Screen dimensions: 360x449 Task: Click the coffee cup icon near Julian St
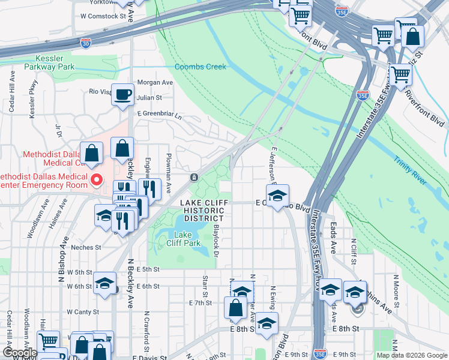point(122,95)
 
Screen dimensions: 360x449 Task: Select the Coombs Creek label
point(200,67)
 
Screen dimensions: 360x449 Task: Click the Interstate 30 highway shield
point(86,43)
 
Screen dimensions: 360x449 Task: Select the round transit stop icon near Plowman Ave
point(194,178)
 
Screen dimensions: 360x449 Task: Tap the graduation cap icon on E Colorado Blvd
point(277,195)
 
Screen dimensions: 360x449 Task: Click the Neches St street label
point(86,247)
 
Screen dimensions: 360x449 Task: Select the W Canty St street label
point(83,311)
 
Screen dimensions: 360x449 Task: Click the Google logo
point(19,353)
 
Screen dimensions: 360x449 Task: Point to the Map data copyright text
point(411,355)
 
